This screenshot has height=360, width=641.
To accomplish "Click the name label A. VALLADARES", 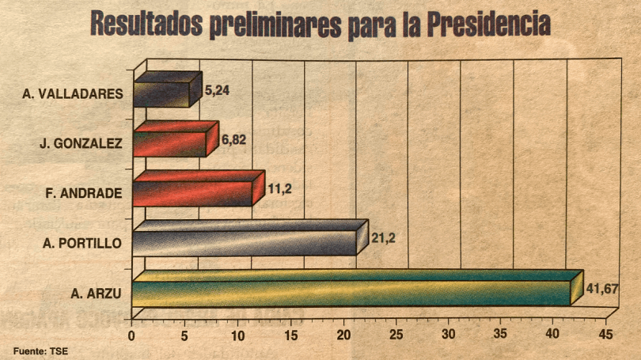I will pos(73,93).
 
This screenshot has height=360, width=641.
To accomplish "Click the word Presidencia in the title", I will pos(487,24).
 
